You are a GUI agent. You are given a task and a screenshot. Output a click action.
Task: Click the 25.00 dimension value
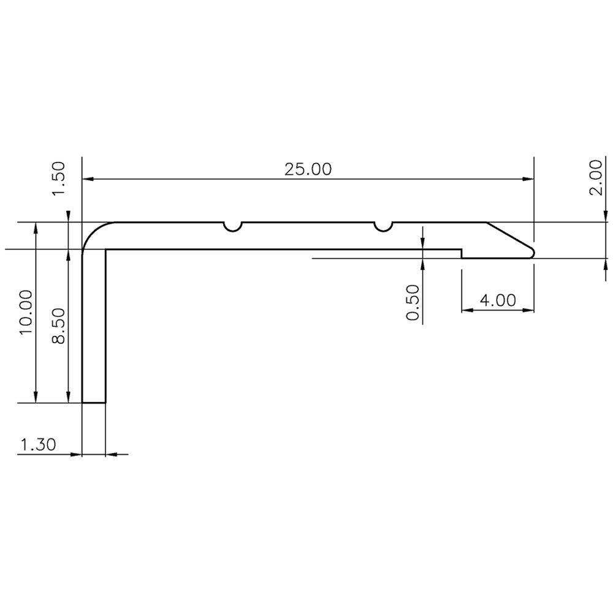tap(308, 169)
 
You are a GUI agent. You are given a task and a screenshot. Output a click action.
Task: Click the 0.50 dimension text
tap(413, 302)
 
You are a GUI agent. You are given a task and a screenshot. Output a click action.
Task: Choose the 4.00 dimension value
tap(497, 300)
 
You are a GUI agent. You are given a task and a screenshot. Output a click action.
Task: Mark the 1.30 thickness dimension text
tap(38, 445)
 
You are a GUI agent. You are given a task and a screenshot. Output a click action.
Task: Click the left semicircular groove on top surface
tap(233, 226)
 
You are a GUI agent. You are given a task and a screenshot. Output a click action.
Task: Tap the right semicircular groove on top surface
tap(383, 226)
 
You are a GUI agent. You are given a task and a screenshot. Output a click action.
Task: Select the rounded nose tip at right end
tap(532, 252)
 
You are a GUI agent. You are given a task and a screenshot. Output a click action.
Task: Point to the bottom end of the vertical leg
tap(94, 402)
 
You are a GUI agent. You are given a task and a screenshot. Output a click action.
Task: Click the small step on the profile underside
tap(462, 253)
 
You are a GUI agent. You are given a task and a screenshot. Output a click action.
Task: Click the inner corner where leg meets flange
tap(106, 249)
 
